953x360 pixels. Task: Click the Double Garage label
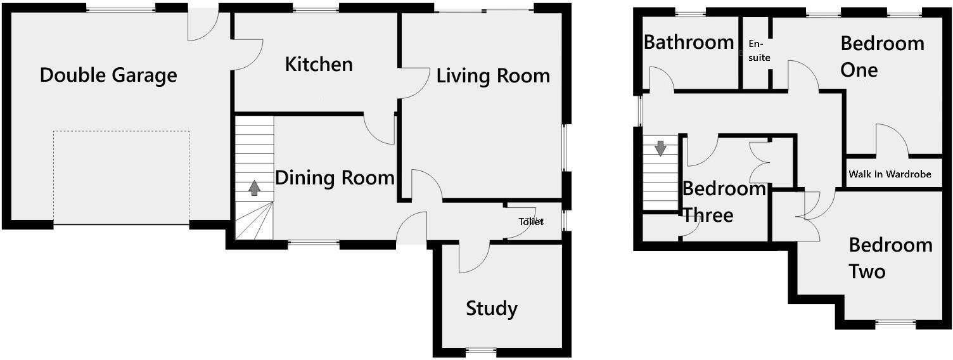coord(108,75)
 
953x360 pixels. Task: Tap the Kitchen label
coord(319,64)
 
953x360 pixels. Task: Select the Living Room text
coord(493,76)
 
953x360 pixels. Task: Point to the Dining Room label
coord(335,177)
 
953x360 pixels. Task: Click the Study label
coord(492,309)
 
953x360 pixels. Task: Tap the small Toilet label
coord(531,222)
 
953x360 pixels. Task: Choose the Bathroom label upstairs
coord(689,42)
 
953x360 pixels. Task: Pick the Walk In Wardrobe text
coord(890,174)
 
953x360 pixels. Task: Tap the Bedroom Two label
coord(890,258)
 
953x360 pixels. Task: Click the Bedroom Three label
coord(722,202)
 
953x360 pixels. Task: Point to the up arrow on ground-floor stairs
coord(255,188)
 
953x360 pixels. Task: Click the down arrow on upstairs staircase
coord(660,148)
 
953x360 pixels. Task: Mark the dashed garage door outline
coord(121,131)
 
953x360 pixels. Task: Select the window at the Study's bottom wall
coord(480,350)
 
